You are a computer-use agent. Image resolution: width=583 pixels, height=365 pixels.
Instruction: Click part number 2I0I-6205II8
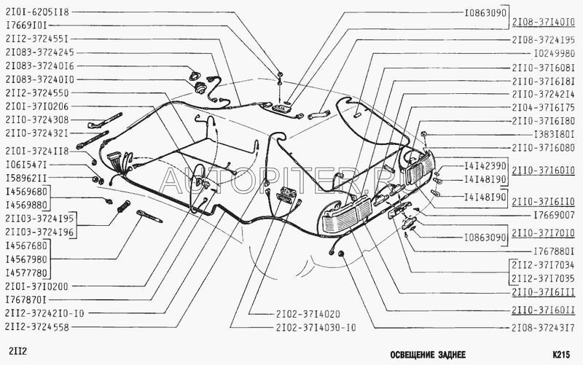(x=37, y=12)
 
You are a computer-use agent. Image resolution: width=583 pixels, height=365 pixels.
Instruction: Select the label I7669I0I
(x=26, y=25)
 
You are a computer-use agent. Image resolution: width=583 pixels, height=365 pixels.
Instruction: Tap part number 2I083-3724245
(x=40, y=52)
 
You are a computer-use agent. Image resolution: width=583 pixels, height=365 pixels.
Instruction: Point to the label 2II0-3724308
(x=37, y=119)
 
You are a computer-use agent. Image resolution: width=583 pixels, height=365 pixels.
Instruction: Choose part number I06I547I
(x=26, y=165)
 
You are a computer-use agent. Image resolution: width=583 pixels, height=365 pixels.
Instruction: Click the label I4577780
(x=26, y=273)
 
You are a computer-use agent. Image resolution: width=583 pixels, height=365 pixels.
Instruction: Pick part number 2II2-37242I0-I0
(x=44, y=313)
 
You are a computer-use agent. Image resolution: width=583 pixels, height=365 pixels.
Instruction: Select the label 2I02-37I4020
(x=308, y=314)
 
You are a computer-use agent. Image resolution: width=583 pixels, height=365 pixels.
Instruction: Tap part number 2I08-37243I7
(x=543, y=328)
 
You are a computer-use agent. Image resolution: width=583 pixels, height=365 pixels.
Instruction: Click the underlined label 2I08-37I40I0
(x=543, y=23)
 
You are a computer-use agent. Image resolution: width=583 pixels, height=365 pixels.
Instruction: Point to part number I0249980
(x=555, y=53)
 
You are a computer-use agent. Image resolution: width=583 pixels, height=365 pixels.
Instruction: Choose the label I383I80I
(x=555, y=134)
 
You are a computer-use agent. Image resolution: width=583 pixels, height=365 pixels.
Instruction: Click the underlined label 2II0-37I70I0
(x=543, y=233)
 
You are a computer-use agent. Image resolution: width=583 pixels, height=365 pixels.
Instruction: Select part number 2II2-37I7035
(x=543, y=278)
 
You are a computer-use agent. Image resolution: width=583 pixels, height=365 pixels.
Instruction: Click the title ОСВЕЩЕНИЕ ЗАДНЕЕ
(x=428, y=355)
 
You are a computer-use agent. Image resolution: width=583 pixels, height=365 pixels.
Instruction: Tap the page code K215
(x=561, y=355)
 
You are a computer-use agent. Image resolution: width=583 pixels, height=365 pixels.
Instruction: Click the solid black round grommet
(x=340, y=254)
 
